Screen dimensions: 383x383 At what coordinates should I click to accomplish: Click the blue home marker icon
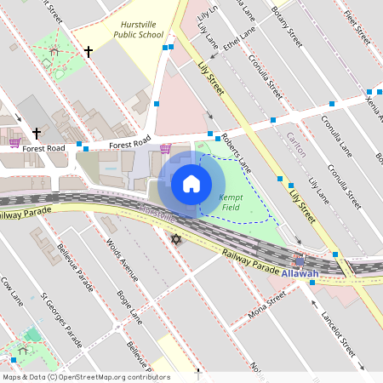191,183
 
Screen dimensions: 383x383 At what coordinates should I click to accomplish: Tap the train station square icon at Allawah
300,260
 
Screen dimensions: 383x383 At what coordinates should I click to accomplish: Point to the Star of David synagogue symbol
176,241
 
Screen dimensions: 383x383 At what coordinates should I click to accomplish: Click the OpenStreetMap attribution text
85,377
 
